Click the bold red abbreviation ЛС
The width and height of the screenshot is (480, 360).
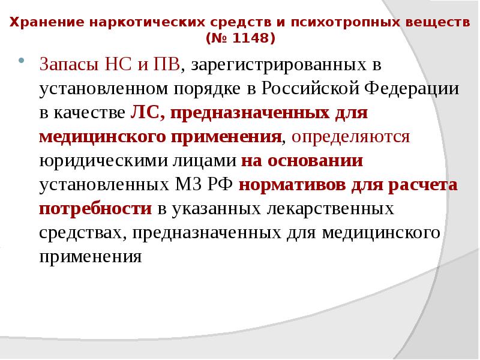(x=143, y=113)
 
